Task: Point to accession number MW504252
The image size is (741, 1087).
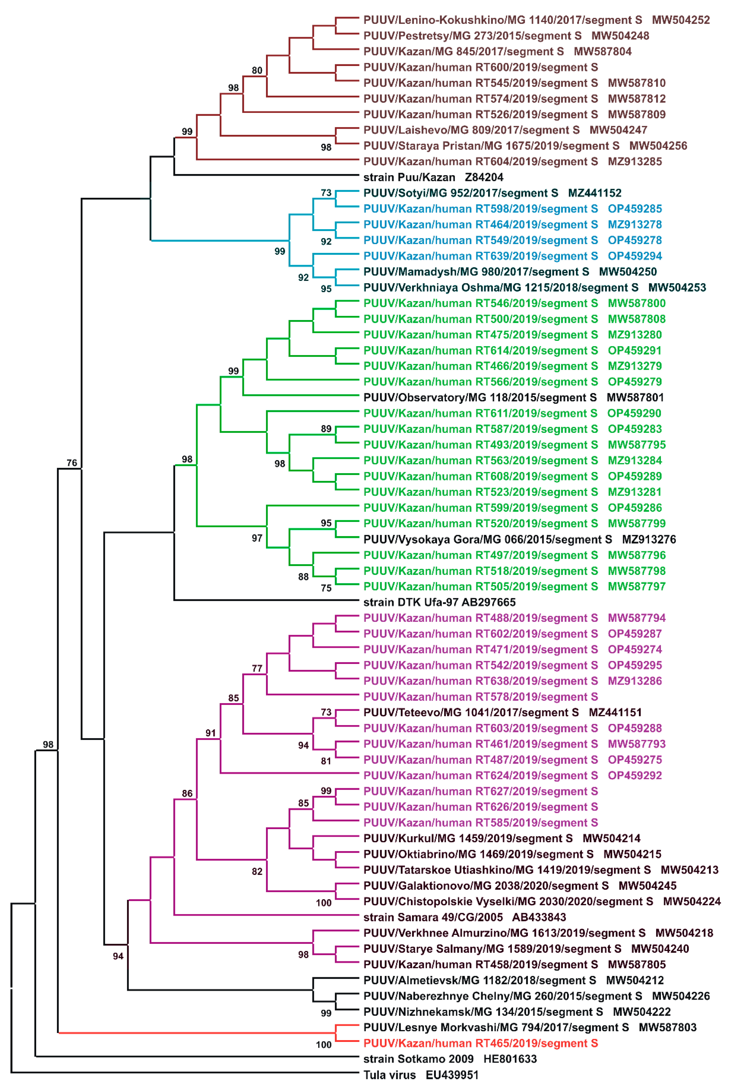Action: [681, 20]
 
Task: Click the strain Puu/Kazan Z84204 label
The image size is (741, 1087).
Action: [433, 177]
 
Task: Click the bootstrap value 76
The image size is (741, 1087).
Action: [72, 463]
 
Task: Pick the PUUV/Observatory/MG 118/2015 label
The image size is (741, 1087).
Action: [480, 398]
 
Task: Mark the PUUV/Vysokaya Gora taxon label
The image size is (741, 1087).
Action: [487, 539]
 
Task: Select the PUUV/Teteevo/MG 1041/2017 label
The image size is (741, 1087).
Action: [471, 712]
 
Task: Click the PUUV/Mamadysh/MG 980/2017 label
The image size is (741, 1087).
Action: [476, 272]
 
